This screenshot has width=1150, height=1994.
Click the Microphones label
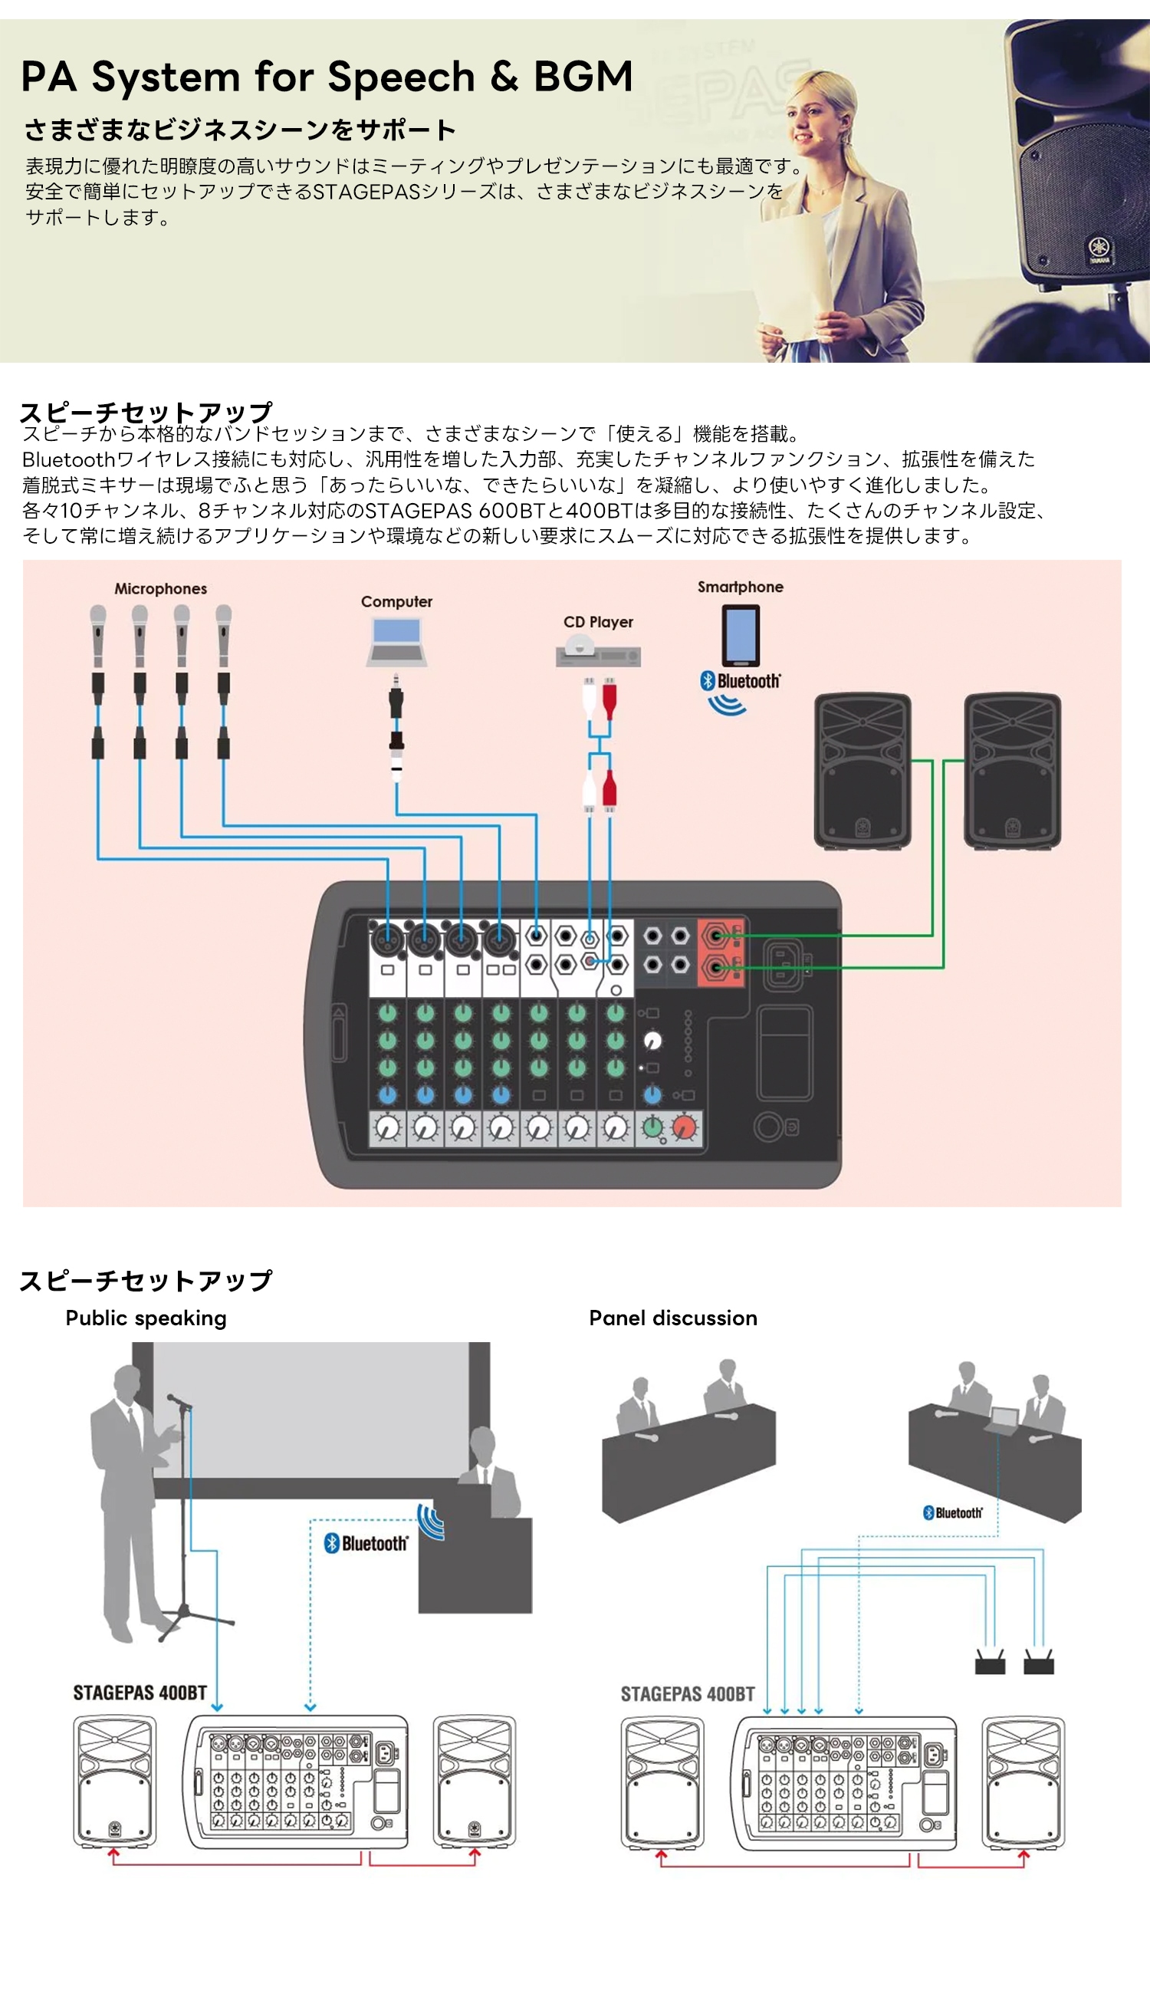pos(160,588)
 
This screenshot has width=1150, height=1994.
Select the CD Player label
pos(598,622)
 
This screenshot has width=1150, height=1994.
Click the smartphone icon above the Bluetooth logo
pos(740,635)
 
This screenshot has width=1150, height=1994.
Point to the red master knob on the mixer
pos(685,1127)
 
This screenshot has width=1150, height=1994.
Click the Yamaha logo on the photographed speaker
pos(1099,246)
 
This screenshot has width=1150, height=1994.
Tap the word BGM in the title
pos(583,77)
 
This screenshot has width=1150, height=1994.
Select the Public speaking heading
pos(146,1318)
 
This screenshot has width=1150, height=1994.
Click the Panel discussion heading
pos(673,1318)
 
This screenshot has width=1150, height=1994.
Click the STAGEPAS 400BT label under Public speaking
pos(140,1692)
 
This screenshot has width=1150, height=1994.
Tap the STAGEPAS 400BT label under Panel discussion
pos(687,1694)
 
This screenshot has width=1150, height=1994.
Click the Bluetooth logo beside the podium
pos(366,1543)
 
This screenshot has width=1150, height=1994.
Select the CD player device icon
pos(598,653)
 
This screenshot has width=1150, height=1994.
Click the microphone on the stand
pos(179,1400)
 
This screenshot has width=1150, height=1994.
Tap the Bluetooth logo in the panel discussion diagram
pos(952,1512)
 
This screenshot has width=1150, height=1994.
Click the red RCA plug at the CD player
pos(609,699)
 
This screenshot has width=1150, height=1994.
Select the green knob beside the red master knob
pos(652,1127)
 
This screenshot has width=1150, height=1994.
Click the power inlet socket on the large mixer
pos(784,964)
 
